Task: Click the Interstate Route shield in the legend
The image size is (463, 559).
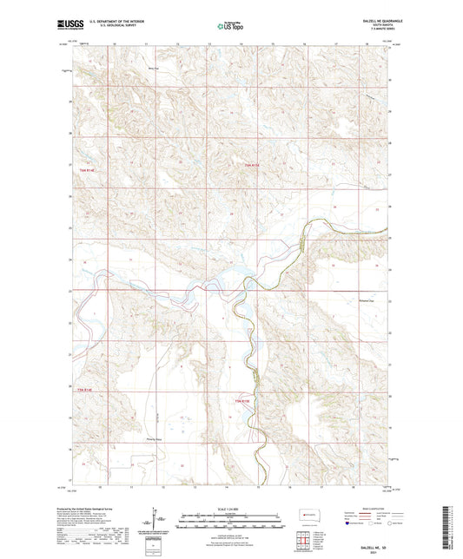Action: (x=349, y=524)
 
